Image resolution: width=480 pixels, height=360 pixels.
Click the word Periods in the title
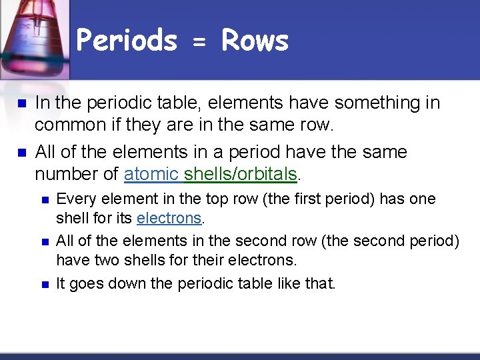[x=127, y=41]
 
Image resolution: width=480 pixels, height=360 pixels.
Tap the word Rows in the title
[x=255, y=41]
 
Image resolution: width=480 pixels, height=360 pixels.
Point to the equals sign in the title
[x=199, y=43]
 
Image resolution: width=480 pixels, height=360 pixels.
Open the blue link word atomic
[x=152, y=175]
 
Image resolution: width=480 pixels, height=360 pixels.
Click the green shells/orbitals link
[x=241, y=175]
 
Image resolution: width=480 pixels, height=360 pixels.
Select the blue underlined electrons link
[x=169, y=218]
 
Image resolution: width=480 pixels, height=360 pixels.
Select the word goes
[x=85, y=284]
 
